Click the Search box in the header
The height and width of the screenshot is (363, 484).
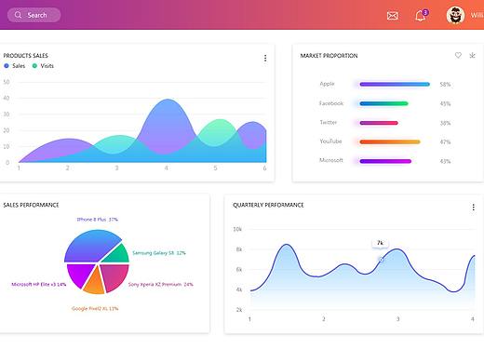[34, 15]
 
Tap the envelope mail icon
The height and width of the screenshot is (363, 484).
[393, 16]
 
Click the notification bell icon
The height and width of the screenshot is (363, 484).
[420, 16]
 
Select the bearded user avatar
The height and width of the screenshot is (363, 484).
[455, 15]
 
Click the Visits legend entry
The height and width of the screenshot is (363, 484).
[43, 66]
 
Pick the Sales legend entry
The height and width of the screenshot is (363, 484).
[15, 66]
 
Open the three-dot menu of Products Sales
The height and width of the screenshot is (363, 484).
[265, 58]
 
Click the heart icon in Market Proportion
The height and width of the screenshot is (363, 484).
[458, 55]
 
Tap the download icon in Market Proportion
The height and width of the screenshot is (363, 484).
[472, 55]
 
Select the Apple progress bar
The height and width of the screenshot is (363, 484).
[395, 84]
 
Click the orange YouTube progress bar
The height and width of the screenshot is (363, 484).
[390, 142]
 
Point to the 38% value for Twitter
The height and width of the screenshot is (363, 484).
[445, 123]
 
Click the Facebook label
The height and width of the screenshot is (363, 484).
[331, 103]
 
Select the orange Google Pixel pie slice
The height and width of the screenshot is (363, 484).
[94, 281]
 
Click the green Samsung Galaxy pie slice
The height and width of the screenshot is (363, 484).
[116, 253]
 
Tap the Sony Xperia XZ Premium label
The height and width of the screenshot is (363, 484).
[161, 284]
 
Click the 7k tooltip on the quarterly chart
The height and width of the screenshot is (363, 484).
[380, 243]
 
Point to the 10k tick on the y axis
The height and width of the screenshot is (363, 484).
[237, 229]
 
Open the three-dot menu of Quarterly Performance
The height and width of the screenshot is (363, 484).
[474, 208]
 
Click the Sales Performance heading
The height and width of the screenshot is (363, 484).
[31, 205]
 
